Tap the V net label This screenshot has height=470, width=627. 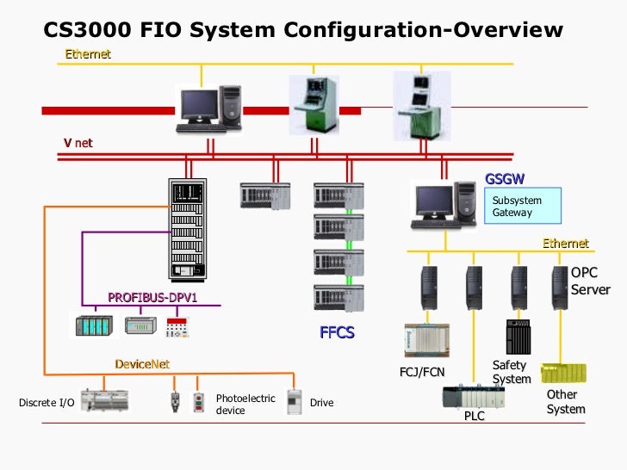pos(78,143)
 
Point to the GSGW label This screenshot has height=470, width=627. pos(505,179)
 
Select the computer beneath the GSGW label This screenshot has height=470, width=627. pos(444,207)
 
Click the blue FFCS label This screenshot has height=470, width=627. pos(337,332)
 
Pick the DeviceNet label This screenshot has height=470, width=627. pos(142,364)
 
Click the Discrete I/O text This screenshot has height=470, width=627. pos(47,403)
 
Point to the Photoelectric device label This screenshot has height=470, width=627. pos(245,405)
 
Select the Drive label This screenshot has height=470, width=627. pos(321,403)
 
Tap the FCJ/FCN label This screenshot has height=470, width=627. pos(422,373)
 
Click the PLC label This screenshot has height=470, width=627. pos(474,417)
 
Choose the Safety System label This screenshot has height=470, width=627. pos(511,372)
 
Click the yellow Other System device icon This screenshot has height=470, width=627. pos(563,373)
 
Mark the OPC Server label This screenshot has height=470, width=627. pos(590,281)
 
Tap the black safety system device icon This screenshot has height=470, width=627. pos(519,336)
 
